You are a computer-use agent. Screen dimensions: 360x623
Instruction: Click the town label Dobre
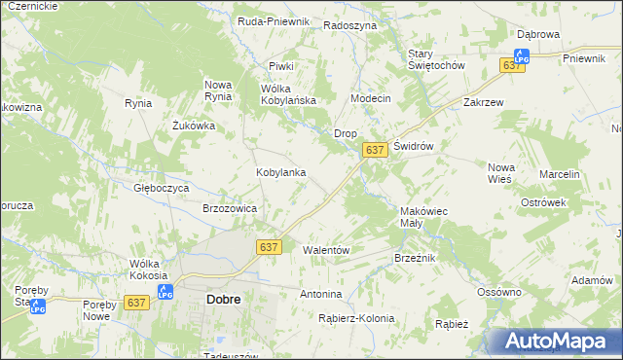click(224, 300)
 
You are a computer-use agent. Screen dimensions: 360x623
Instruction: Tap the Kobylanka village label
click(281, 172)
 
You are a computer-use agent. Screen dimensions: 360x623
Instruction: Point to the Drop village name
click(346, 133)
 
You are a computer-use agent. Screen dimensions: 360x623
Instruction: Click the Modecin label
click(371, 99)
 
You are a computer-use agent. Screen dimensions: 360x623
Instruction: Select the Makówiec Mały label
click(423, 216)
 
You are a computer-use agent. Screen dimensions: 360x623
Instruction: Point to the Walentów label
click(326, 250)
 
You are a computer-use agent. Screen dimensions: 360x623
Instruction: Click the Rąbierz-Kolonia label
click(356, 318)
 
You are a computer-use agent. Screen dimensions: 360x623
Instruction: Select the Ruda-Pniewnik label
click(274, 20)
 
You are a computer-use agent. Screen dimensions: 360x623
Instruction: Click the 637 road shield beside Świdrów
click(376, 150)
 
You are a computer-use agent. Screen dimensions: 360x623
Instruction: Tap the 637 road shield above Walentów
click(270, 247)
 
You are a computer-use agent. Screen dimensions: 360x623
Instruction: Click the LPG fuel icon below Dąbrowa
click(522, 57)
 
